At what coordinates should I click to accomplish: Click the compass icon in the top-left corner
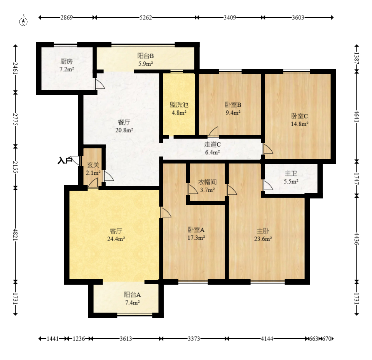(x=23, y=21)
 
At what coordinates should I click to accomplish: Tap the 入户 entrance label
(x=65, y=161)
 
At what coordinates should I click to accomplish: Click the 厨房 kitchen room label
(x=66, y=62)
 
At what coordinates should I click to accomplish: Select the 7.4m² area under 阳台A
(x=133, y=303)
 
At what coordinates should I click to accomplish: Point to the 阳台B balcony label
(x=145, y=56)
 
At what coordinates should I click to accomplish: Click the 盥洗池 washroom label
(x=179, y=104)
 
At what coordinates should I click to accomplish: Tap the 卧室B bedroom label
(x=233, y=104)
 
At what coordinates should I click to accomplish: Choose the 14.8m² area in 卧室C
(x=300, y=124)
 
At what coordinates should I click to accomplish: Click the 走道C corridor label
(x=212, y=144)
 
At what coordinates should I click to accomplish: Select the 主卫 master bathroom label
(x=291, y=174)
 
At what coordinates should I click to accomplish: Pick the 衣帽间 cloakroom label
(x=207, y=182)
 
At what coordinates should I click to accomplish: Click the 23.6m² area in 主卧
(x=263, y=239)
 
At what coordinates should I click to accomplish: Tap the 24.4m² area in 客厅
(x=116, y=239)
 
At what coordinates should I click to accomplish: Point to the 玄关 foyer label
(x=93, y=165)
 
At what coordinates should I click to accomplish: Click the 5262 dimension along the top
(x=146, y=17)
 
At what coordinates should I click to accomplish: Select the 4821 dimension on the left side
(x=16, y=235)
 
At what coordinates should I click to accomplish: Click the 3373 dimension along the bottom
(x=194, y=339)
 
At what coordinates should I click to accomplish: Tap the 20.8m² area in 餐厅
(x=124, y=130)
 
